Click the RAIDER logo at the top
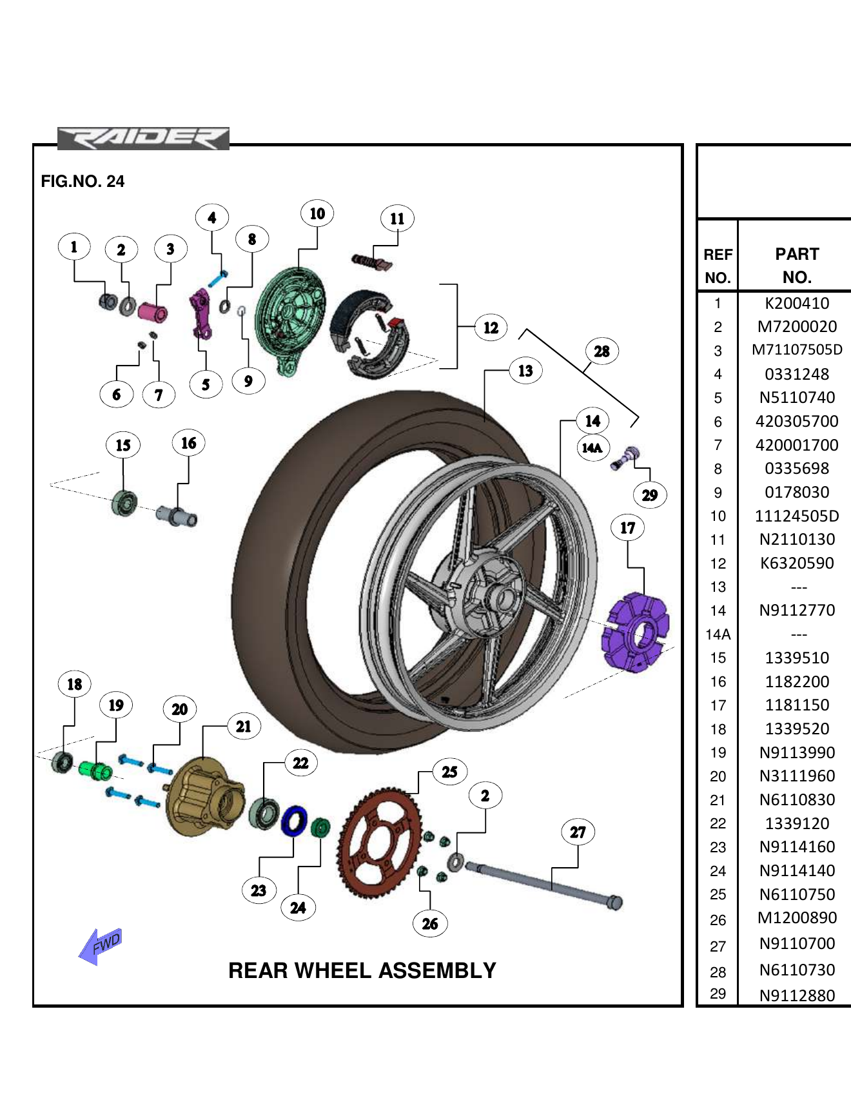(x=143, y=139)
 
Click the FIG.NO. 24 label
(x=83, y=181)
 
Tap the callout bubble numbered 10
(x=317, y=213)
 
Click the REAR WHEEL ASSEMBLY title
(x=362, y=970)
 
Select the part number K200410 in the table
(x=797, y=303)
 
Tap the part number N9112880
(x=797, y=995)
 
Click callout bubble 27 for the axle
(x=578, y=832)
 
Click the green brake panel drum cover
(x=290, y=316)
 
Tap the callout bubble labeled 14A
(x=592, y=447)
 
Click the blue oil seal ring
(x=295, y=821)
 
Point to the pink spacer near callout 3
(x=153, y=313)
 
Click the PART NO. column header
(x=797, y=265)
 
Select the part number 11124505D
(x=797, y=516)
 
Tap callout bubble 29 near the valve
(x=649, y=495)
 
